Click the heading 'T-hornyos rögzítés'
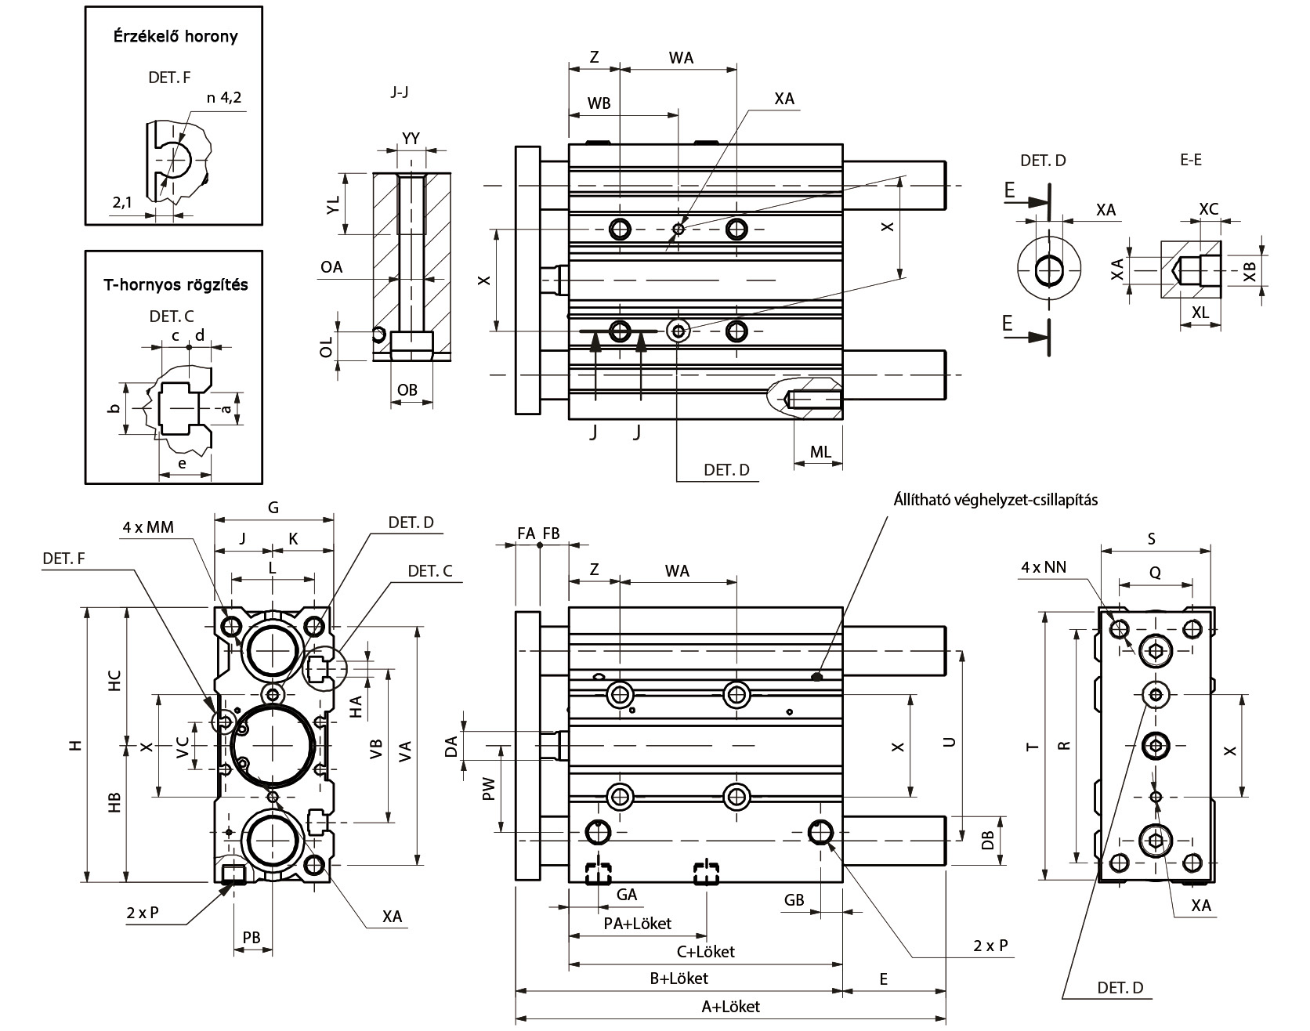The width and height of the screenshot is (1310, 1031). (x=176, y=284)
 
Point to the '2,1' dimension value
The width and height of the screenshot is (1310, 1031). (x=121, y=202)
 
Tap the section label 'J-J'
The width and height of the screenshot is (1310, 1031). (x=399, y=92)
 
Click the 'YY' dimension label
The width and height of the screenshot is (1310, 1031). (x=411, y=139)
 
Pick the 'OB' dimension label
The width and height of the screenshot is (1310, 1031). (x=407, y=389)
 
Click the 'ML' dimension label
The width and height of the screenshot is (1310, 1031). (x=820, y=452)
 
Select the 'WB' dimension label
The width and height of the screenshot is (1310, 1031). (x=599, y=103)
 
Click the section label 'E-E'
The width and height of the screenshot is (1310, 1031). (x=1190, y=160)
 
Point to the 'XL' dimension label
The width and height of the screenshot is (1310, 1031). (x=1200, y=311)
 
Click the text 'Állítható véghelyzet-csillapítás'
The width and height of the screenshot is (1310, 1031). (x=995, y=500)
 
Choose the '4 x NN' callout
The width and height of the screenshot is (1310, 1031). (x=1044, y=567)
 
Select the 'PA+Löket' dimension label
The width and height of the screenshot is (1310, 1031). (x=637, y=923)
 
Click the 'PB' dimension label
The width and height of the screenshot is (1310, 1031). (x=252, y=938)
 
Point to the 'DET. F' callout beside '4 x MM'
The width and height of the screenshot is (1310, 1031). (x=63, y=558)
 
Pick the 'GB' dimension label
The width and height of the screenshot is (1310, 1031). (x=794, y=900)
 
